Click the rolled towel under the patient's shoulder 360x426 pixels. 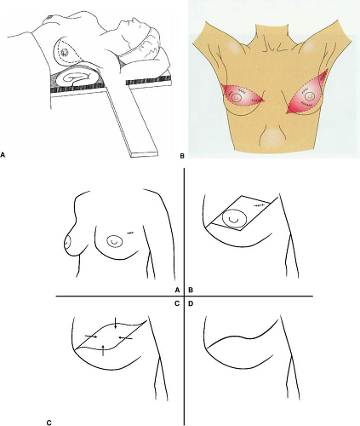pyautogui.click(x=77, y=76)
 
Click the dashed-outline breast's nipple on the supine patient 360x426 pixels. pyautogui.click(x=65, y=52)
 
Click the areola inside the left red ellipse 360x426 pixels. pyautogui.click(x=237, y=98)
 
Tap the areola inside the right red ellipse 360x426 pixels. pyautogui.click(x=308, y=97)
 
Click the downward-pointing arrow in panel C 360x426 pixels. pyautogui.click(x=116, y=323)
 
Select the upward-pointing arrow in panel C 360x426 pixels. pyautogui.click(x=104, y=350)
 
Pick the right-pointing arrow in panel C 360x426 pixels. pyautogui.click(x=91, y=337)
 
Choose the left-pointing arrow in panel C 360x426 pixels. pyautogui.click(x=125, y=337)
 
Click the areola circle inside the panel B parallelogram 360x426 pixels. pyautogui.click(x=234, y=218)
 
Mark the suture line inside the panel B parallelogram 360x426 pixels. pyautogui.click(x=259, y=205)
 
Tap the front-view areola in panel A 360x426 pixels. pyautogui.click(x=114, y=242)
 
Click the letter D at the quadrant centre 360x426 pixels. pyautogui.click(x=191, y=303)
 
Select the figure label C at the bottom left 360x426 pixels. pyautogui.click(x=49, y=423)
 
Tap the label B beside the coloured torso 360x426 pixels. pyautogui.click(x=182, y=156)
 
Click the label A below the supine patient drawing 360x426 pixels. pyautogui.click(x=3, y=155)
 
